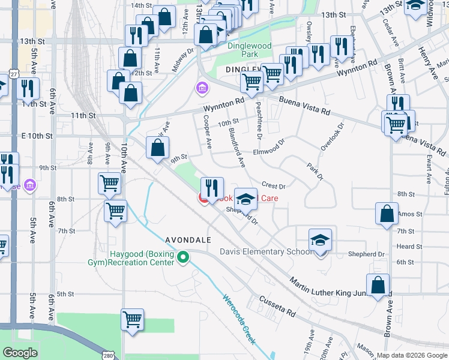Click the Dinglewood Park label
[249, 50]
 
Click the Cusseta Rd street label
[277, 305]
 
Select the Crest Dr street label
[273, 187]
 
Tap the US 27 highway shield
[13, 73]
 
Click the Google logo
[20, 352]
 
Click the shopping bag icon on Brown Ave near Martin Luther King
[378, 286]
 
